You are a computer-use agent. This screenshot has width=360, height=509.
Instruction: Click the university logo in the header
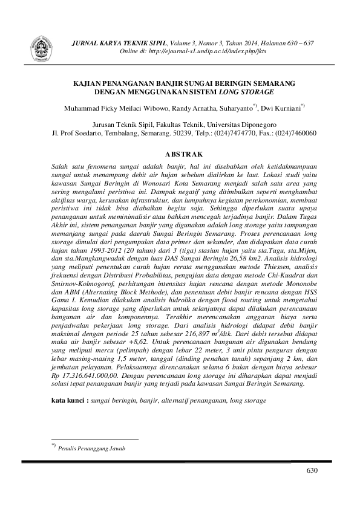click(41, 45)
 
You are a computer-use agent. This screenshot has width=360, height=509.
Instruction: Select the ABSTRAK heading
click(180, 154)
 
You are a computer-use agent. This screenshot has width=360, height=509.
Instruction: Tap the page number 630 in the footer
click(312, 470)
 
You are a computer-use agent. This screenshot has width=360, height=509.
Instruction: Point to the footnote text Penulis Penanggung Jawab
click(93, 449)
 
